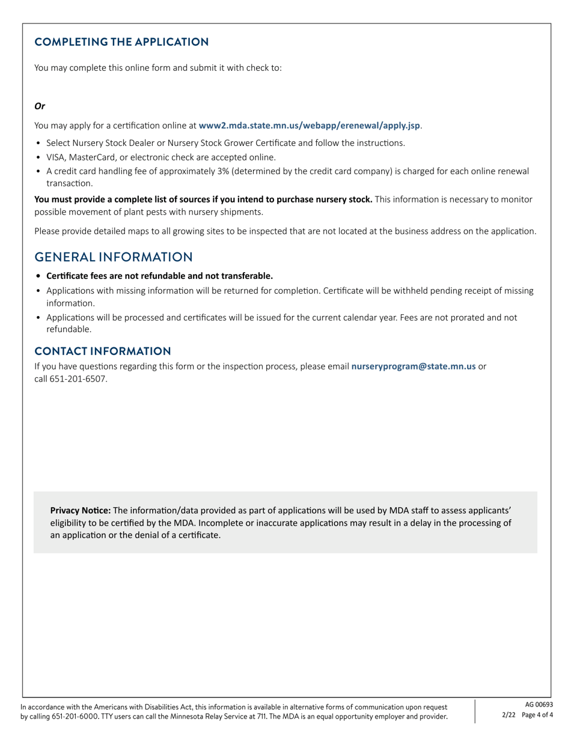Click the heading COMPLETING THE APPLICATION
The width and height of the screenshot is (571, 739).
[121, 42]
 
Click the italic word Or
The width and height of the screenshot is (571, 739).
[40, 106]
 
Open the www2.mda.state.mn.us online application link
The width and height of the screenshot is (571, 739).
[309, 126]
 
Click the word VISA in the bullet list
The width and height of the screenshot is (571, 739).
[56, 157]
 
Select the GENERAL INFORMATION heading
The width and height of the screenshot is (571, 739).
[114, 257]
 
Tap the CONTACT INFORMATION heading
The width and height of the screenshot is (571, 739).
[102, 351]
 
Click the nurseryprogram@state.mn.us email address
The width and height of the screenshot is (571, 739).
[413, 366]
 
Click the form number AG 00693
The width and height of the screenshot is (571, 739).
[539, 705]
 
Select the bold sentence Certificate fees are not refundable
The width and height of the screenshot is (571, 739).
[159, 276]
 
